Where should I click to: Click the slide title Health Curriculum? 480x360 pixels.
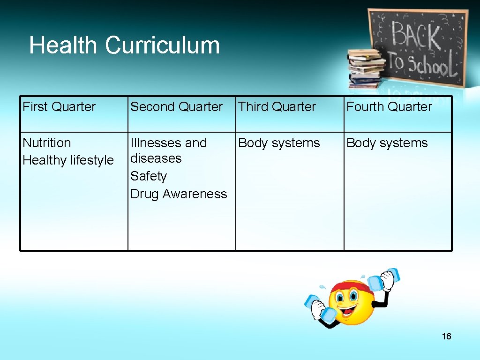pyautogui.click(x=124, y=46)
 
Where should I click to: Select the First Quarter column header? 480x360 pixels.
pyautogui.click(x=59, y=107)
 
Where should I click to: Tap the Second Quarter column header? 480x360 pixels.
pyautogui.click(x=176, y=107)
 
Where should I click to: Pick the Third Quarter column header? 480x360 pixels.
pyautogui.click(x=277, y=107)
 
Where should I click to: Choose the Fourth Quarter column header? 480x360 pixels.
pyautogui.click(x=389, y=107)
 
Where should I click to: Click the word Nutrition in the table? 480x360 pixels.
pyautogui.click(x=47, y=143)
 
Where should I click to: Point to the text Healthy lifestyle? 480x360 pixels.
pyautogui.click(x=68, y=160)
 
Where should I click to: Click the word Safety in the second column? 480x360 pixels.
pyautogui.click(x=149, y=176)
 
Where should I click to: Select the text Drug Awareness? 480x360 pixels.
pyautogui.click(x=179, y=194)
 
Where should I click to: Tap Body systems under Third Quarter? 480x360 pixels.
pyautogui.click(x=279, y=143)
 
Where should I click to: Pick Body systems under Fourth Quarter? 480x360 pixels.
pyautogui.click(x=387, y=143)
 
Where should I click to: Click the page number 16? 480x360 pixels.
pyautogui.click(x=446, y=336)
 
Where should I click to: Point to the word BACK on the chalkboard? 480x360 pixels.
pyautogui.click(x=416, y=36)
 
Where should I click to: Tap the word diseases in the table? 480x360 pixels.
pyautogui.click(x=156, y=159)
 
